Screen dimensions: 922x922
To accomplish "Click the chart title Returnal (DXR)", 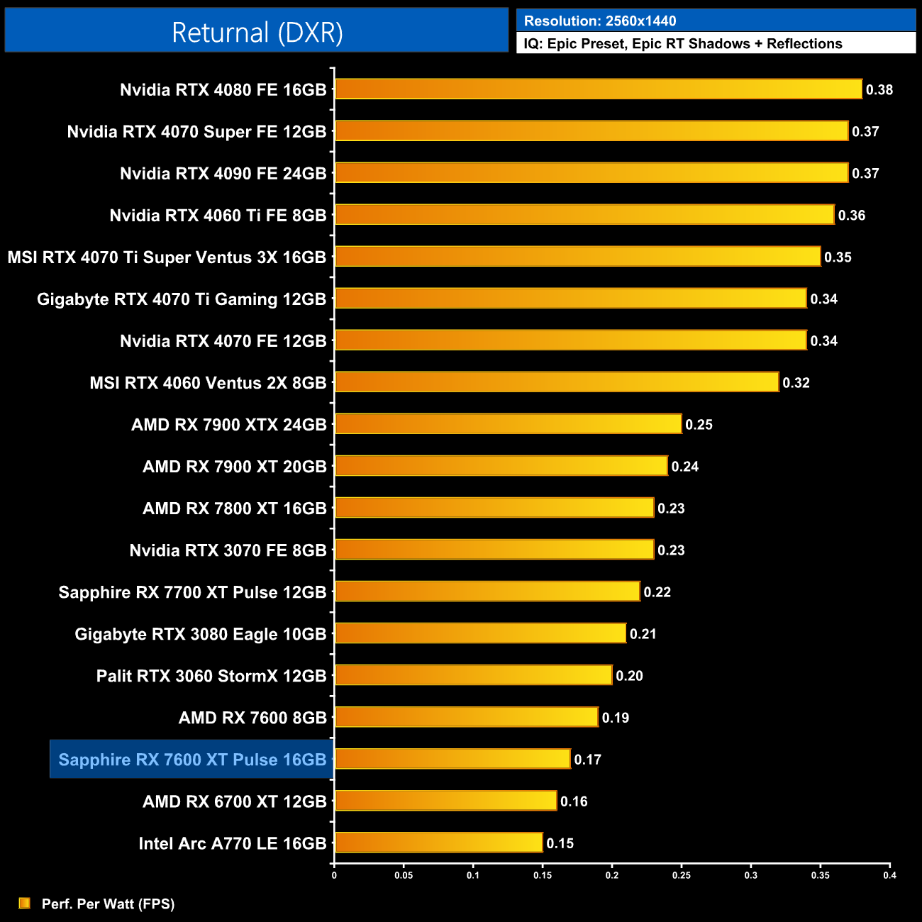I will point(257,33).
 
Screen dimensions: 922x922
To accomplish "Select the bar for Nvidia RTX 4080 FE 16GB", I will point(598,89).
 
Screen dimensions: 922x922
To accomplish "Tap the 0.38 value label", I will point(879,90).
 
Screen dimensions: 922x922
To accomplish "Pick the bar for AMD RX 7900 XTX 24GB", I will point(508,424).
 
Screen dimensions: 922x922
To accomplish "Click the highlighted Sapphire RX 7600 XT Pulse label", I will point(192,760).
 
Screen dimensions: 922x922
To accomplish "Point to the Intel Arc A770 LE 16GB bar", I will point(438,843).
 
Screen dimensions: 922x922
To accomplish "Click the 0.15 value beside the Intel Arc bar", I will point(560,843).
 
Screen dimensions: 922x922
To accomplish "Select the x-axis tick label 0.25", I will point(681,875).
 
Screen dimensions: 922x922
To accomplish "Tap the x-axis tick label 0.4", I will point(889,875).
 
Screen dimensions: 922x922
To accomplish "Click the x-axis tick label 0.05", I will point(404,875).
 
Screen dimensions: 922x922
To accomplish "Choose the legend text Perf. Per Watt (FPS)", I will point(108,904).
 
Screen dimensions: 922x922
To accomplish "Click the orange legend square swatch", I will point(25,903).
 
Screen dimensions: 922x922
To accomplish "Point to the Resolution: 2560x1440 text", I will point(599,21).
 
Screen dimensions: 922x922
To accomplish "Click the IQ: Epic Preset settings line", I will point(682,44).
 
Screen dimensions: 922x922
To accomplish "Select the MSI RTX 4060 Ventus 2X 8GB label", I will point(208,383).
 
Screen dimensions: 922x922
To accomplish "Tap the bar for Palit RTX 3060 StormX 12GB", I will point(473,675).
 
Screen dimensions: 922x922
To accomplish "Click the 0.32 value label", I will point(796,383).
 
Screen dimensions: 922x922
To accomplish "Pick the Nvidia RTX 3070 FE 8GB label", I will point(228,550).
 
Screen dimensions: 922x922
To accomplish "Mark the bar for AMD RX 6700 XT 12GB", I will point(445,801).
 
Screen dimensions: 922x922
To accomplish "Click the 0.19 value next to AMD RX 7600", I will point(615,718).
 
